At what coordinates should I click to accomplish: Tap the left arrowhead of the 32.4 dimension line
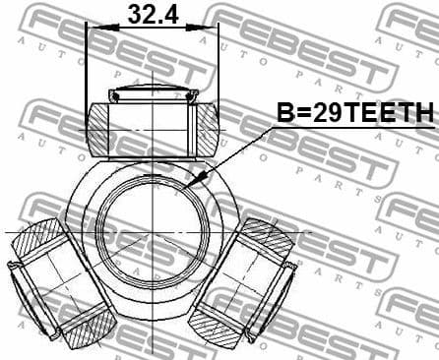coord(93,28)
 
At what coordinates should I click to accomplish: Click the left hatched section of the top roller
coord(98,128)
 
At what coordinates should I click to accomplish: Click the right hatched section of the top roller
coord(209,128)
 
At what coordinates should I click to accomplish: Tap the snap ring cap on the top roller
coord(154,95)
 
